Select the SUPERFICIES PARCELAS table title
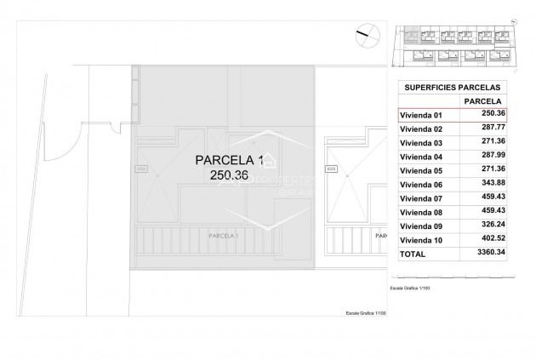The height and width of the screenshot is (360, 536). click(x=452, y=87)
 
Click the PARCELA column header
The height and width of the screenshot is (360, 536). click(x=482, y=101)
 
